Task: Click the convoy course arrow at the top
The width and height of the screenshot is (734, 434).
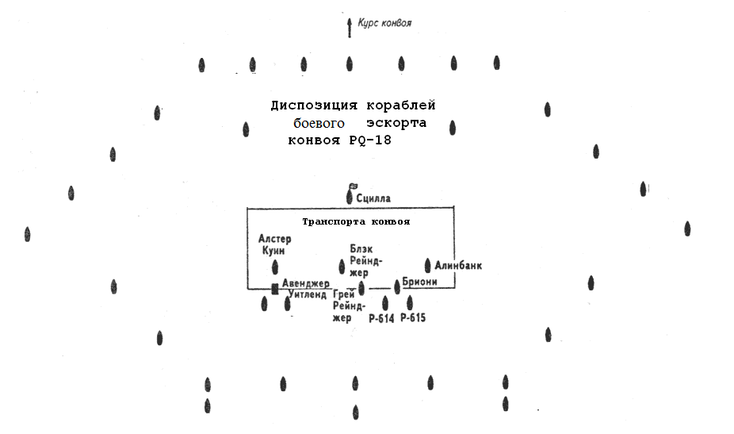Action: [x=350, y=28]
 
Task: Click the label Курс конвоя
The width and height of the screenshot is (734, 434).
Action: [x=384, y=23]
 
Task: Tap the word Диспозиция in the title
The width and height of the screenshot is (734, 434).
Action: [x=314, y=106]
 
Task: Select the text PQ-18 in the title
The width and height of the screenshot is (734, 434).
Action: [x=370, y=140]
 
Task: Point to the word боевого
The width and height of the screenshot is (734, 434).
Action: [x=319, y=123]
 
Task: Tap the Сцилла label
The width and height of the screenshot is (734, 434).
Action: [x=373, y=198]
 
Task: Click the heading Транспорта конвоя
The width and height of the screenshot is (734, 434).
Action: [x=356, y=221]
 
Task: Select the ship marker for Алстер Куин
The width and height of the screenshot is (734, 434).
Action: [x=275, y=267]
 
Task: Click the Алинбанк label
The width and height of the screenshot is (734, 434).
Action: [x=458, y=266]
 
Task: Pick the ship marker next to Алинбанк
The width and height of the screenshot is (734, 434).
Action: [x=427, y=265]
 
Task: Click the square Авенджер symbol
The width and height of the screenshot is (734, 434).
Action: [x=275, y=289]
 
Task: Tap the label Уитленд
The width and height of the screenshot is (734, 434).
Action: [x=307, y=295]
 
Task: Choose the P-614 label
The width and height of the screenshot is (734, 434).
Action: [x=381, y=319]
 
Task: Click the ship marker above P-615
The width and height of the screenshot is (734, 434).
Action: [x=410, y=303]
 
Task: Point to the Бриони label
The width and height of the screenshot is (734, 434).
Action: [x=420, y=282]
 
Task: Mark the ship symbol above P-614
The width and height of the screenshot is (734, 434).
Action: [x=384, y=303]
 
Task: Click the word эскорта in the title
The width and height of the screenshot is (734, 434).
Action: [x=396, y=123]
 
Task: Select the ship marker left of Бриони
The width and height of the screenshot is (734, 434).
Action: [x=397, y=286]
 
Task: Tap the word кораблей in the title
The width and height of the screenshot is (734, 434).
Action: [x=401, y=106]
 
